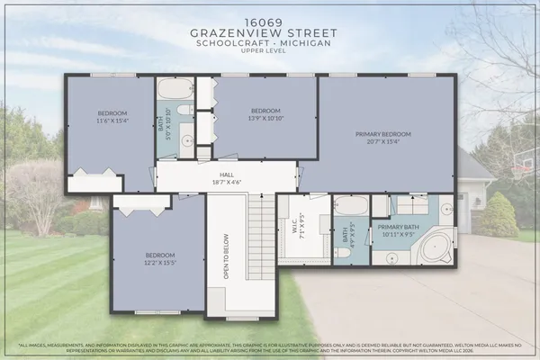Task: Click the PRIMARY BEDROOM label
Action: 382,134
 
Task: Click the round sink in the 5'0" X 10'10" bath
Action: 186,141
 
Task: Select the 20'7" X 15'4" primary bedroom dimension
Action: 382,142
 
